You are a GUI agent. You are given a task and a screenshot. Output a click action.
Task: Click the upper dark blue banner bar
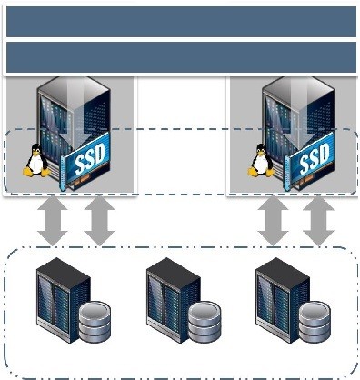tap(181, 22)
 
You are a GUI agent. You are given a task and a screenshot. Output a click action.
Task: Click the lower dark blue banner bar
tap(181, 57)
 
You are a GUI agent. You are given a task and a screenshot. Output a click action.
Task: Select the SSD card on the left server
tap(85, 161)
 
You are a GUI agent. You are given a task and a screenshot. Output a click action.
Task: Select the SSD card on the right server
tap(310, 161)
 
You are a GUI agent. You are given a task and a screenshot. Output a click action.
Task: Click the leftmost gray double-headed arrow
tap(53, 221)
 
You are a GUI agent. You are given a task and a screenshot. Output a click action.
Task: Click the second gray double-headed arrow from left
tap(99, 221)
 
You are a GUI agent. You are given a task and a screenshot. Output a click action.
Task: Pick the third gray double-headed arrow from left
tap(273, 221)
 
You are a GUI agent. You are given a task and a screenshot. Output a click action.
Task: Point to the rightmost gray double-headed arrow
tap(318, 221)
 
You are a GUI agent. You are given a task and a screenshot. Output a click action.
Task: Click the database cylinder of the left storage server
tap(95, 322)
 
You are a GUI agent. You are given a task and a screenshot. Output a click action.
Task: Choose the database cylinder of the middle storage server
tap(205, 322)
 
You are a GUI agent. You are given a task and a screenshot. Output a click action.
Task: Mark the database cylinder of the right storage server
tap(315, 322)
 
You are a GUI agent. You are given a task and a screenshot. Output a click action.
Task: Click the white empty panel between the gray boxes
tap(182, 135)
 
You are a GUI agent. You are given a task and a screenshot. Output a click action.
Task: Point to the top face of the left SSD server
tap(74, 88)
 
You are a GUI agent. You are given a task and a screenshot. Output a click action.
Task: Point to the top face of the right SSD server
tap(298, 88)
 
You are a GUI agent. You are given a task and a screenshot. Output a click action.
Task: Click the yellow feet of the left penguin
tap(36, 172)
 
